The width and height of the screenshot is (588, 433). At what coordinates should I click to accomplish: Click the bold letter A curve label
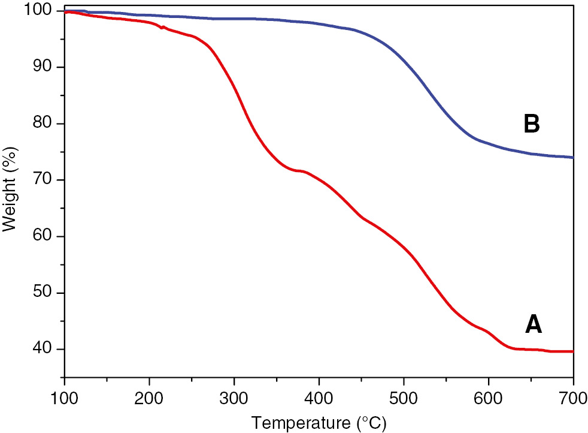tap(533, 324)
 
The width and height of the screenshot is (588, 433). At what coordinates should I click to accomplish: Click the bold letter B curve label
tap(532, 124)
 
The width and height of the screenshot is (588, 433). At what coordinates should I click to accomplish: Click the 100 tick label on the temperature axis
tap(64, 397)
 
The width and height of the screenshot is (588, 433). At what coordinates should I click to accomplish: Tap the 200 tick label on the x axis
tap(149, 397)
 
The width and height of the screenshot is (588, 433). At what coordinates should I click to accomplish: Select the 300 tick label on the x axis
tap(234, 397)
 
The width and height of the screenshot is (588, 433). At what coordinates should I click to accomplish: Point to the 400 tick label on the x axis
tap(319, 397)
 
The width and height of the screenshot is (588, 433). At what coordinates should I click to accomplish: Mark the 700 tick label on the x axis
tap(572, 397)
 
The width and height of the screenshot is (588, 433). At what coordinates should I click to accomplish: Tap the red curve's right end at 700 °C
tap(572, 351)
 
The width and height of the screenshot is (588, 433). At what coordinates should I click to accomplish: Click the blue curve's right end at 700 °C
tap(572, 157)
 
